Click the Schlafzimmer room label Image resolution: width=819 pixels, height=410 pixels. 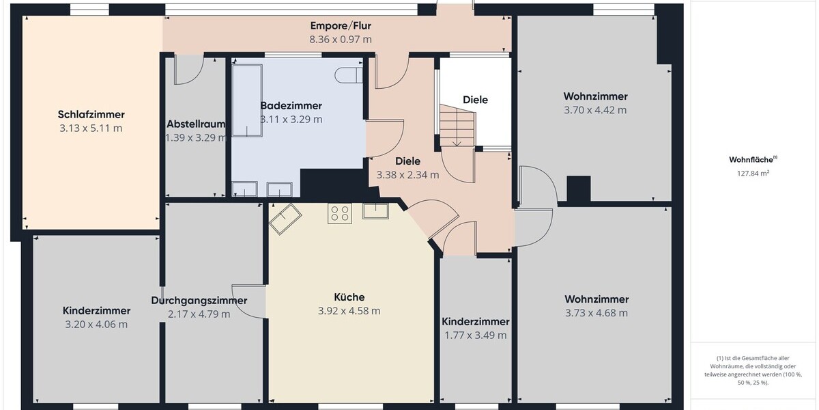click(x=91, y=115)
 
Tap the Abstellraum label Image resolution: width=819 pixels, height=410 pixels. click(x=196, y=124)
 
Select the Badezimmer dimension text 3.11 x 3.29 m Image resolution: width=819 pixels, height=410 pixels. click(x=291, y=120)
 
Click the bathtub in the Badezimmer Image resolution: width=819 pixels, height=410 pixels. click(x=247, y=100)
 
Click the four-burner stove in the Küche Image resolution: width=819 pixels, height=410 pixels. click(x=340, y=213)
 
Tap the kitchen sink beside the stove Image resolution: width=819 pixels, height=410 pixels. click(x=375, y=211)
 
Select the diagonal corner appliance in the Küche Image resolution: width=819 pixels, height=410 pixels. click(x=285, y=219)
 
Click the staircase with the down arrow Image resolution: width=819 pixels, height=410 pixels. click(x=457, y=126)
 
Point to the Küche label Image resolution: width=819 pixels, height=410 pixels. click(x=349, y=297)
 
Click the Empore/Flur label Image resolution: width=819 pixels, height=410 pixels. click(x=341, y=26)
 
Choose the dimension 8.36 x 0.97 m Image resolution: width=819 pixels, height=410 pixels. click(x=341, y=40)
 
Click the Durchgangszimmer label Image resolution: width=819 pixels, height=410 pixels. click(x=199, y=301)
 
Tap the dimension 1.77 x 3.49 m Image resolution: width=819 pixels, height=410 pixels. click(x=475, y=336)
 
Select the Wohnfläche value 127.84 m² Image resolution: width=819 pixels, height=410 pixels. click(x=753, y=173)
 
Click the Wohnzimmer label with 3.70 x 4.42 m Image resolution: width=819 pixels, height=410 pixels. click(x=595, y=96)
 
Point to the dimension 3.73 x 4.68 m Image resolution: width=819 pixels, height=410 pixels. click(x=597, y=313)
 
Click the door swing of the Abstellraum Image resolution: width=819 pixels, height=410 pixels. click(x=188, y=70)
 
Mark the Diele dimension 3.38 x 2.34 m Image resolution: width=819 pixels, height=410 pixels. click(x=407, y=175)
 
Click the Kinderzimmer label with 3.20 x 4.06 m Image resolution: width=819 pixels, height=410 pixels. click(x=96, y=311)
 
